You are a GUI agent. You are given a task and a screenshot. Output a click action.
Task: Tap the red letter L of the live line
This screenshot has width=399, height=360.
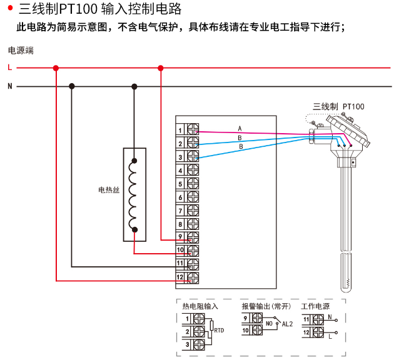pos(9,67)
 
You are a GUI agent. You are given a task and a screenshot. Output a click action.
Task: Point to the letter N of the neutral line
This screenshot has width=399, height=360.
pos(9,86)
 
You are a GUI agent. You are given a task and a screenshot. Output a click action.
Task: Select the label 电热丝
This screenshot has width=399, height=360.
pos(109,190)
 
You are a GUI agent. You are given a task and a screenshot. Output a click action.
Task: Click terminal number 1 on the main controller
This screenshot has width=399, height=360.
pos(180,130)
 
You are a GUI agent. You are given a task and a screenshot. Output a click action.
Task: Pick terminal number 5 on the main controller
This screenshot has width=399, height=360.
pos(180,184)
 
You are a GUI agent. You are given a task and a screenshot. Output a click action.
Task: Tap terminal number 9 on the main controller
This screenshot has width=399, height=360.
pos(180,237)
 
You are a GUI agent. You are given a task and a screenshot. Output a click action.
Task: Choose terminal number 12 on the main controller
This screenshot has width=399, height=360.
pos(179,277)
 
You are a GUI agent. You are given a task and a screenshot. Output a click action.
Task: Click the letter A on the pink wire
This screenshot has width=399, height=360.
pos(240,129)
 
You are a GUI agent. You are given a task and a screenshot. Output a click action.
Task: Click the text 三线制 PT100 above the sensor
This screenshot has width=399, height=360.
pos(338,107)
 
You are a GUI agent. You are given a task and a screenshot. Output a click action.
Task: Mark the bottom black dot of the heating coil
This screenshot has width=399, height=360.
pos(134,229)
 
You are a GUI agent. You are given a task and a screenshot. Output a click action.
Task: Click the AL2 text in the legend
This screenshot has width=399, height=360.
pos(288,324)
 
